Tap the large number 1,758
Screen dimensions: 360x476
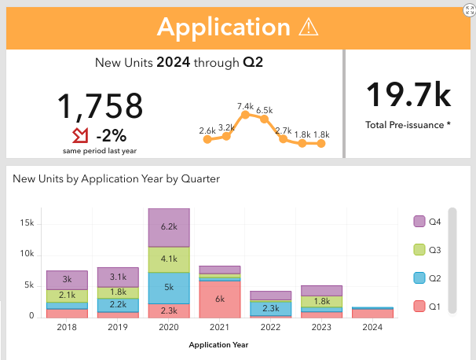(100, 106)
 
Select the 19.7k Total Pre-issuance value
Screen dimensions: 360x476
(408, 94)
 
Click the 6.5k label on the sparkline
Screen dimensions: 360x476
(265, 110)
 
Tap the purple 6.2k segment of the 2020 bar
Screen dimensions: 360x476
(170, 226)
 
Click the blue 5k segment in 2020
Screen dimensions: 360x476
(170, 288)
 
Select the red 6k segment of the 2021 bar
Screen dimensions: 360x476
(221, 299)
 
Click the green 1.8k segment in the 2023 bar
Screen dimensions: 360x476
(322, 301)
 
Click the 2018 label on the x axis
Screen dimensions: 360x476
(67, 328)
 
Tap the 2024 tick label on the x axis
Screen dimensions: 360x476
(372, 328)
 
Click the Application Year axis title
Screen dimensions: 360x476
(219, 344)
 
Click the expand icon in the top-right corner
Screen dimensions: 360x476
(469, 8)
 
